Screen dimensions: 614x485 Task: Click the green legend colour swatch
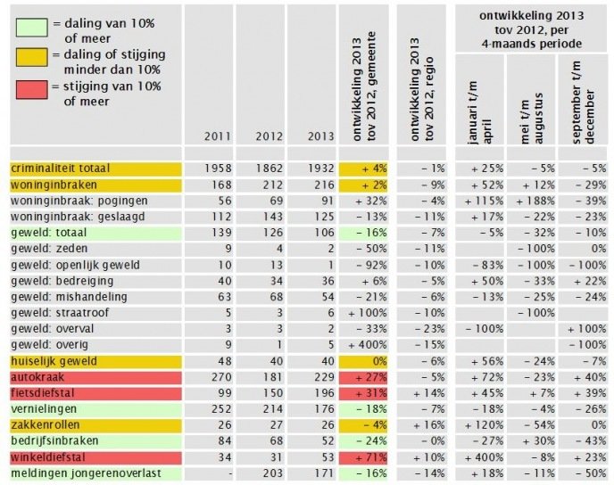[32, 28]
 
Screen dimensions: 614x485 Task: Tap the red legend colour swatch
[32, 89]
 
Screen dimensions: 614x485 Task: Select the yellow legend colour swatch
[32, 57]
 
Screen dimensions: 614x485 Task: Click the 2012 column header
[269, 136]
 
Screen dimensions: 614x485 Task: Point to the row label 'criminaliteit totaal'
[61, 169]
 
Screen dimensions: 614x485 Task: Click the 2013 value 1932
[320, 169]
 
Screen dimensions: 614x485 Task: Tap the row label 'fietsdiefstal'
[42, 393]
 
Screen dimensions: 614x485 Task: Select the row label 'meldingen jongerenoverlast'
[87, 473]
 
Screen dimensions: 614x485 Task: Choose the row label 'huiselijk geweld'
[54, 361]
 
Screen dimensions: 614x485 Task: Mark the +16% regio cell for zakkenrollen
[429, 425]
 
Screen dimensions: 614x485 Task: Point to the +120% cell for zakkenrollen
[484, 425]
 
